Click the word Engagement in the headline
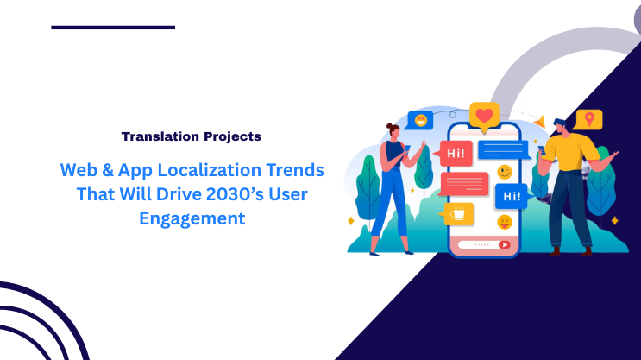coord(192,219)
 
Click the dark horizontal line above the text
coord(112,28)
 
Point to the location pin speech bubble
coord(589,119)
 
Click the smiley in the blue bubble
coord(421,120)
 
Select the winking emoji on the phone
coord(504,172)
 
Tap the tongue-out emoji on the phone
coord(504,223)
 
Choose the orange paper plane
coord(539,123)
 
